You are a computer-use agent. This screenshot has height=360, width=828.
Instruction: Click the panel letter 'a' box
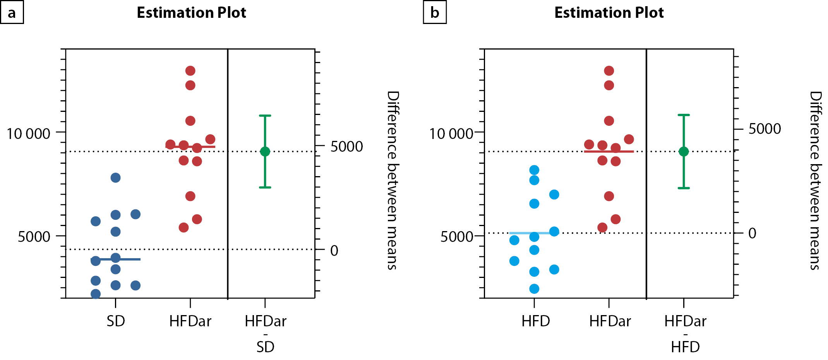coord(12,12)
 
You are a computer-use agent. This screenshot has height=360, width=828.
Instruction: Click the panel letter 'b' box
coord(435,12)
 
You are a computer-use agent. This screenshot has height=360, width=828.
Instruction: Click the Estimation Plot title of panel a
coord(191,13)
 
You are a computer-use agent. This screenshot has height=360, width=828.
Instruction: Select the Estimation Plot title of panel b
coord(609,13)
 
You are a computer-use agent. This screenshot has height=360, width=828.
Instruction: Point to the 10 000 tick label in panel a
coord(29,134)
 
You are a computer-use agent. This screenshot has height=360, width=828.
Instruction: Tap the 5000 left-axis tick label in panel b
coord(457,237)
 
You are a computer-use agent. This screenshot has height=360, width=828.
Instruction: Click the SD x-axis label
coord(116,321)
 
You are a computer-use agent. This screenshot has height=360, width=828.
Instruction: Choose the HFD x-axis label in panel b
coord(535,321)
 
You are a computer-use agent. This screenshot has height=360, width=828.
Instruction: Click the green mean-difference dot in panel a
coord(265,151)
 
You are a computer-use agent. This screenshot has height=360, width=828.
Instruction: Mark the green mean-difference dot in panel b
coord(684,151)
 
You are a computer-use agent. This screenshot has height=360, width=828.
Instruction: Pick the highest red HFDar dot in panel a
coord(190,71)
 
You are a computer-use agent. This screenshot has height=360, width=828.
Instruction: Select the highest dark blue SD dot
coord(115,178)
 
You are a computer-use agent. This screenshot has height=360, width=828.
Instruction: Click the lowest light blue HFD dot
coord(534,289)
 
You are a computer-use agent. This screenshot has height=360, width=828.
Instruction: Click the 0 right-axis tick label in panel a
coord(334,251)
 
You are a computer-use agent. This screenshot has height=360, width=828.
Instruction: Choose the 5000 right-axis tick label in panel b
coord(765,129)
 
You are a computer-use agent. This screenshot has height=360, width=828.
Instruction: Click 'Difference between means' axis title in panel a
coord(393,180)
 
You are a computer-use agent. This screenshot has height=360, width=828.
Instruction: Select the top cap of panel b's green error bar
coord(684,115)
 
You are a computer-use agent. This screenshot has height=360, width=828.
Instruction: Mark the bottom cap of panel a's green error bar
coord(265,187)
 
